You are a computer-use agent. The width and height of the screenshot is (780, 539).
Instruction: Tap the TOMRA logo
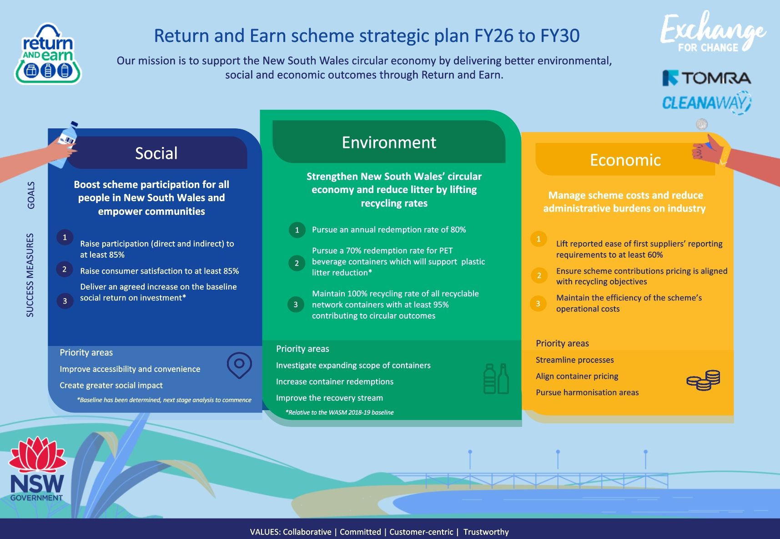[706, 78]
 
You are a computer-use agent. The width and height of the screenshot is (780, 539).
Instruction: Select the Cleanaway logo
[706, 103]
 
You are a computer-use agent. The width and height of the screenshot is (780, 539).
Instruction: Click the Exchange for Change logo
[712, 32]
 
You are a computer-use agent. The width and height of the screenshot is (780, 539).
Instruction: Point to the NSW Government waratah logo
[37, 469]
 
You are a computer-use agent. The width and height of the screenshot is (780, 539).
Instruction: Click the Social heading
[156, 153]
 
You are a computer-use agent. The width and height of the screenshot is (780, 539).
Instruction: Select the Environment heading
[389, 142]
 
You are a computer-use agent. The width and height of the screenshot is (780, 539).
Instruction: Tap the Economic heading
[625, 160]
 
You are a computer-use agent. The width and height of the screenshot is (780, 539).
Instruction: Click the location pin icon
[239, 365]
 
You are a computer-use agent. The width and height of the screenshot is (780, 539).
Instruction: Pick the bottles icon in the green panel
[496, 379]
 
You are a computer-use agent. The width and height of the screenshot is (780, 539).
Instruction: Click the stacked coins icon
[703, 380]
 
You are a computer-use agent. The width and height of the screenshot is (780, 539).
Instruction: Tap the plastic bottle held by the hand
[67, 142]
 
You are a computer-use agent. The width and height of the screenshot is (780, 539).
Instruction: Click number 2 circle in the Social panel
[65, 269]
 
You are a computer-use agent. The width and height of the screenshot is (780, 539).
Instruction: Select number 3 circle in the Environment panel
[296, 305]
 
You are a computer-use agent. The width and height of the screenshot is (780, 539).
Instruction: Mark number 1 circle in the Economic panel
[538, 239]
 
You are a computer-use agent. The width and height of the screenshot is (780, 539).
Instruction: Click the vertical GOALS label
[31, 195]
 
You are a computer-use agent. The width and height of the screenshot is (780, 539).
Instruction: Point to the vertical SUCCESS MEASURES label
[30, 275]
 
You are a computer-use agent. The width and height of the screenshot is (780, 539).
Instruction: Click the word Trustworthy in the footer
[486, 532]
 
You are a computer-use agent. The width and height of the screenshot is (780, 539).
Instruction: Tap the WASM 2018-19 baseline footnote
[339, 412]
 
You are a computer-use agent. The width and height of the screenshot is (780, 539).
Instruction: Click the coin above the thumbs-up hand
[702, 124]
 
